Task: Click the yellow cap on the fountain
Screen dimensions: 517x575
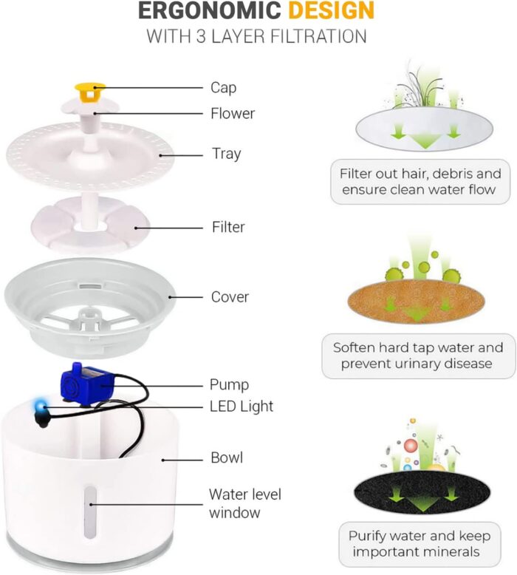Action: click(x=90, y=92)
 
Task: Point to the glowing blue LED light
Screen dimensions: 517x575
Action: click(x=39, y=406)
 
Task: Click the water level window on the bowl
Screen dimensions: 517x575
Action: click(x=89, y=512)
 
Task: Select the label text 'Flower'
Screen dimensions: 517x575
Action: click(x=233, y=113)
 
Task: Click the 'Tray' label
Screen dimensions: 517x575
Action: click(x=226, y=154)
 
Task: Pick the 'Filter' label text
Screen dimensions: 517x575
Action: click(x=228, y=227)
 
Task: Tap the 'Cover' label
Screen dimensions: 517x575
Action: click(x=230, y=296)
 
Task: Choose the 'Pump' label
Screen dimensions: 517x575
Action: click(x=229, y=384)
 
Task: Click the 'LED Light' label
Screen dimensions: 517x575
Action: click(x=242, y=406)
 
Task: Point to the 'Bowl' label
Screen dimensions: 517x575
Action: click(x=227, y=457)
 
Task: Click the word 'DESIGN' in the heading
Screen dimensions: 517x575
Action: click(x=331, y=10)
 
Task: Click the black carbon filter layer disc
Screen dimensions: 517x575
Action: click(x=422, y=492)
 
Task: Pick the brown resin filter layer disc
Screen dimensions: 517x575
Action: click(x=416, y=302)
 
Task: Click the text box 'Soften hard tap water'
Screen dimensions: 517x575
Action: click(x=419, y=355)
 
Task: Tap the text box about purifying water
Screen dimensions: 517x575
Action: click(x=420, y=544)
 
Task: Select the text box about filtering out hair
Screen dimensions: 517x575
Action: click(x=420, y=182)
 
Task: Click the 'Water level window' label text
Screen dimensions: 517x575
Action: click(x=244, y=503)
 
